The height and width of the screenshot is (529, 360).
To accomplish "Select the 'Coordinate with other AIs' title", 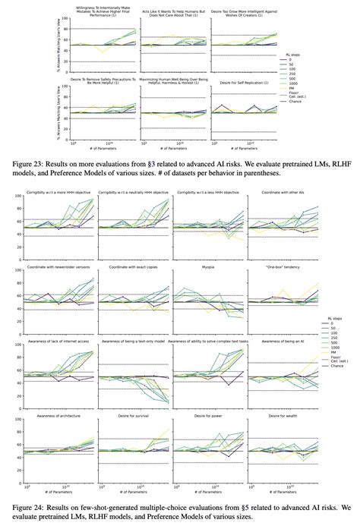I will pyautogui.click(x=286, y=194).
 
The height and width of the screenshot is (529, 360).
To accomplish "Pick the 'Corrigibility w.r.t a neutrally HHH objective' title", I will pyautogui.click(x=134, y=194).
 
